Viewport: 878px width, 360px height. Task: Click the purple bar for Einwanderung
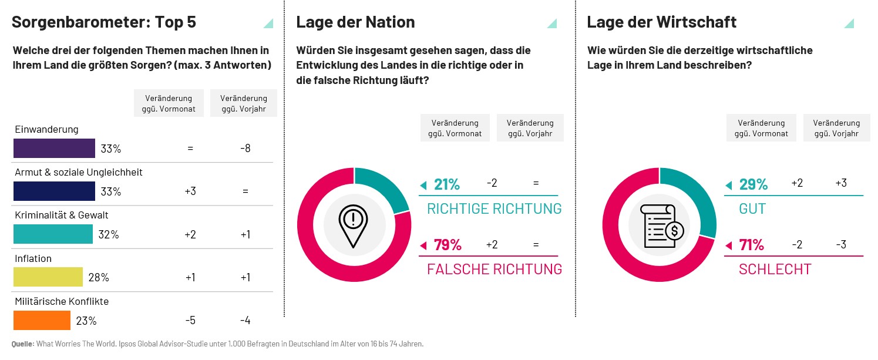(54, 149)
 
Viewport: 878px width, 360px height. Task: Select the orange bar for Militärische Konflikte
(42, 321)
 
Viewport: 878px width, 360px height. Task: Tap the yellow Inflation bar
(48, 277)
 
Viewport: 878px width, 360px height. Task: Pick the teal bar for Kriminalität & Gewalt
(53, 234)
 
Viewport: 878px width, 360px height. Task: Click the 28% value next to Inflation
(99, 278)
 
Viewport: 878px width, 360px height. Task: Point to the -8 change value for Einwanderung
(245, 149)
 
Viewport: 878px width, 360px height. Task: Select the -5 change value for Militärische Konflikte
(190, 321)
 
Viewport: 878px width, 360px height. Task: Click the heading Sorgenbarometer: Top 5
(104, 22)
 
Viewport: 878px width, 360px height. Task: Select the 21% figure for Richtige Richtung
(447, 184)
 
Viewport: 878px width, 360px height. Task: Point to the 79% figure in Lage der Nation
(448, 245)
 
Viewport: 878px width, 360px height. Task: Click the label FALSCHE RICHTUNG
(494, 270)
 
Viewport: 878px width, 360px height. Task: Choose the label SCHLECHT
(775, 270)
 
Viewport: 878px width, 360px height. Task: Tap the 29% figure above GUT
(753, 184)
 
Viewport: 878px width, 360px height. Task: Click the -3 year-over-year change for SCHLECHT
(840, 245)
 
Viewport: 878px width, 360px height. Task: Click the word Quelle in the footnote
(22, 344)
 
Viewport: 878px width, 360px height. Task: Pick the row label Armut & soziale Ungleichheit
(79, 173)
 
